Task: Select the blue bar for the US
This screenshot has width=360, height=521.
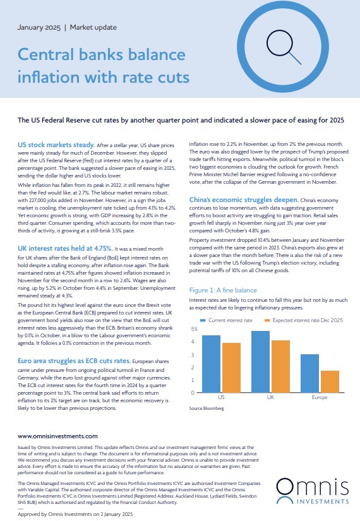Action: pyautogui.click(x=211, y=364)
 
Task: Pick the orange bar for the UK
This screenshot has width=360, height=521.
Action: pyautogui.click(x=280, y=366)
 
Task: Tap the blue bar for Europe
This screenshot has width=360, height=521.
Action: pyautogui.click(x=310, y=373)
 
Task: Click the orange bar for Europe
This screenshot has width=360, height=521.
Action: pyautogui.click(x=330, y=382)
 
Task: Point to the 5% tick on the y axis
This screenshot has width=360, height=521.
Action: pyautogui.click(x=194, y=329)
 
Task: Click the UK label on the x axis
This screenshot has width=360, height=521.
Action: pyautogui.click(x=270, y=397)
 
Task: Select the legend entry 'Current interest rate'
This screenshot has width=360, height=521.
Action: pyautogui.click(x=226, y=320)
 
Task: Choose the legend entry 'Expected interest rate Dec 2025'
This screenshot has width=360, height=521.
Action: pyautogui.click(x=304, y=320)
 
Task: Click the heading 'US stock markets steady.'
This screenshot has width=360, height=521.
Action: pyautogui.click(x=56, y=145)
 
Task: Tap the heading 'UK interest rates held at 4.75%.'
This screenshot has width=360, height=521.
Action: pyautogui.click(x=65, y=248)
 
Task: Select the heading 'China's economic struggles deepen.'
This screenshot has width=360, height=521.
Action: pyautogui.click(x=244, y=200)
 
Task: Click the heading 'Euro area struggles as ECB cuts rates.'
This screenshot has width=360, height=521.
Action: pyautogui.click(x=74, y=361)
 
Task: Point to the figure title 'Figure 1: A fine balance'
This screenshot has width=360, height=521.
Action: pyautogui.click(x=223, y=290)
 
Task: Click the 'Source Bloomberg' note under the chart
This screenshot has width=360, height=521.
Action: pyautogui.click(x=207, y=408)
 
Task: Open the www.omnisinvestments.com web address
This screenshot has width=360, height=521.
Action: pyautogui.click(x=57, y=436)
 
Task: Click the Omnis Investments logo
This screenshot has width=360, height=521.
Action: pyautogui.click(x=313, y=491)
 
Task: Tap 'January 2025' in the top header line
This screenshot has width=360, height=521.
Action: pyautogui.click(x=39, y=27)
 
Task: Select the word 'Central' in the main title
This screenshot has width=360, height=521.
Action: pyautogui.click(x=45, y=54)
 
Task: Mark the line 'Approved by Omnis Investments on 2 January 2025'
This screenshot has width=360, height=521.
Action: pyautogui.click(x=75, y=514)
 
